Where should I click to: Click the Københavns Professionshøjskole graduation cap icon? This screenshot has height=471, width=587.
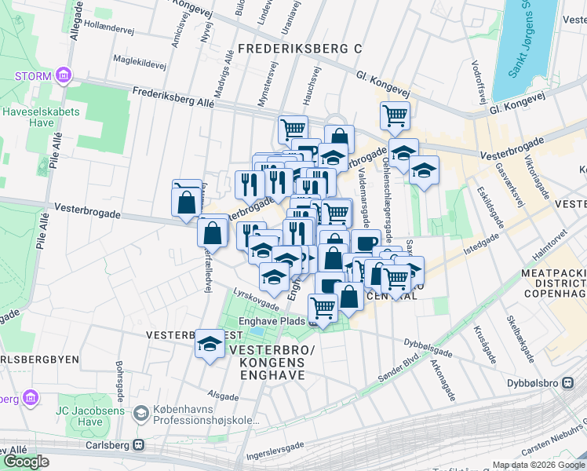pos(140,413)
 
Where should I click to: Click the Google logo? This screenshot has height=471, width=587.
pos(27,462)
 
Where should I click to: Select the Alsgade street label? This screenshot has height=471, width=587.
pos(222,396)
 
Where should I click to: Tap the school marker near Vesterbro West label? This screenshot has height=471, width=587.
pos(210,344)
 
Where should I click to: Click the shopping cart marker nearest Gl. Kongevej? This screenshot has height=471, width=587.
pos(395,116)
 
